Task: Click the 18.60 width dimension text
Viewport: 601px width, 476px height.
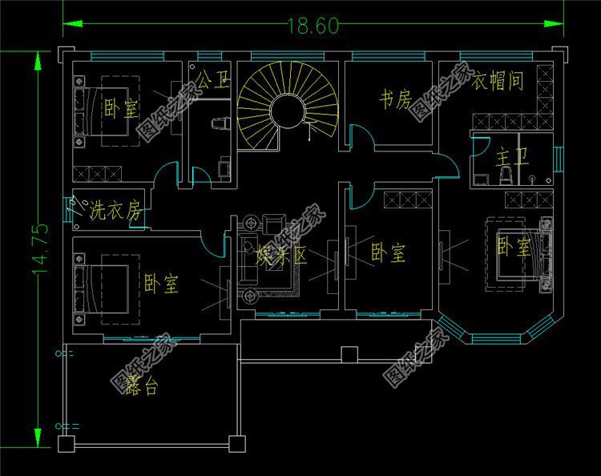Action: click(x=313, y=25)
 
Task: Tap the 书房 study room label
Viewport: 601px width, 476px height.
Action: click(x=394, y=100)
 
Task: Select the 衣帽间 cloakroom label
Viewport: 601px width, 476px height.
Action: click(x=498, y=82)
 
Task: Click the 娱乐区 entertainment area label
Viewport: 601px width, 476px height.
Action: click(x=282, y=256)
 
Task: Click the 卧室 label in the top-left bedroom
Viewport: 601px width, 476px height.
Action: click(x=120, y=109)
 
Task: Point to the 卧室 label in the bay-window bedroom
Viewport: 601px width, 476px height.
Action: click(x=513, y=247)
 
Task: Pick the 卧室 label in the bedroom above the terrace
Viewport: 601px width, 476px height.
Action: click(x=162, y=284)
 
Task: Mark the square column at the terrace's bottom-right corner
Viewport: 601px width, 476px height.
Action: click(x=236, y=442)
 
